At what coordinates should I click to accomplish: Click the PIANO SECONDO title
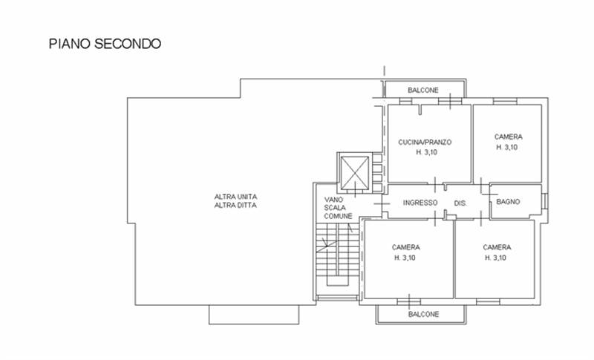pos(105,44)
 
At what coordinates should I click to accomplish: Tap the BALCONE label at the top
pos(423,90)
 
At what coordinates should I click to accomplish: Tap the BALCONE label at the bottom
pos(423,314)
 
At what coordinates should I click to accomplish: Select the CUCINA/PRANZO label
pos(425,143)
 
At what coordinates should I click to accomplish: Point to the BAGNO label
pos(508,202)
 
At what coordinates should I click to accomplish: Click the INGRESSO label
pos(420,203)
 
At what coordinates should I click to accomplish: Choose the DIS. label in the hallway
pos(460,203)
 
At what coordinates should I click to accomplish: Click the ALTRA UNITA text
pos(235,197)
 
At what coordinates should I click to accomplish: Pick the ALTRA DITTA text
pos(235,205)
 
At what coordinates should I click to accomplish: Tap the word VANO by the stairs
pos(333,200)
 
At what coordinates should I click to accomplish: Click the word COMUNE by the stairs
pos(339,216)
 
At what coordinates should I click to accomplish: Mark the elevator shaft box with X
pos(355,172)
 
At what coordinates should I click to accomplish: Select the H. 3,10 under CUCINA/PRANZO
pos(426,152)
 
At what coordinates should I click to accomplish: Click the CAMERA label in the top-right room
pos(509,137)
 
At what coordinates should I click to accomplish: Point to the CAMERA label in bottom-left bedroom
pos(405,247)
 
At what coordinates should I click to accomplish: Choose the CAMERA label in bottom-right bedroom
pos(497,247)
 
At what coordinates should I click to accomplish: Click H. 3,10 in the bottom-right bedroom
pos(495,258)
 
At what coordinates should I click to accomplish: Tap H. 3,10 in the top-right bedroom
pos(507,147)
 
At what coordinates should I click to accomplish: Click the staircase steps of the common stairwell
pos(337,255)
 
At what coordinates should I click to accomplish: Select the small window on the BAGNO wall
pos(544,201)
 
